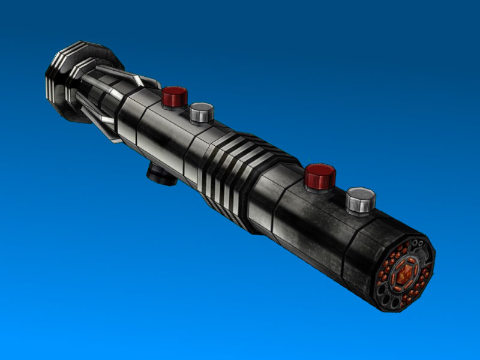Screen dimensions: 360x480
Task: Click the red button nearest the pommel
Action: click(x=175, y=97)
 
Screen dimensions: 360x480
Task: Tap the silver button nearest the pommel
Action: click(x=202, y=112)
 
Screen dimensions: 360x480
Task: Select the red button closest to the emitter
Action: click(x=319, y=176)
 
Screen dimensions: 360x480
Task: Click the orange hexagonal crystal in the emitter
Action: click(x=403, y=274)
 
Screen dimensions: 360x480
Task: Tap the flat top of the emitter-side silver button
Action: click(x=361, y=194)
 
